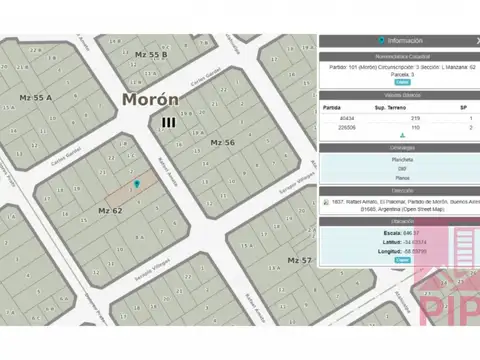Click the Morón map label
pyautogui.click(x=151, y=100)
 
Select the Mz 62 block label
pyautogui.click(x=110, y=210)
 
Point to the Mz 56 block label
pyautogui.click(x=222, y=143)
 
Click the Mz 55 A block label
pyautogui.click(x=35, y=97)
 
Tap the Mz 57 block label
pyautogui.click(x=300, y=260)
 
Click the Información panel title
pyautogui.click(x=401, y=41)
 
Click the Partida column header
pyautogui.click(x=332, y=106)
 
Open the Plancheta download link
pyautogui.click(x=401, y=159)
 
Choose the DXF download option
pyautogui.click(x=401, y=168)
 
